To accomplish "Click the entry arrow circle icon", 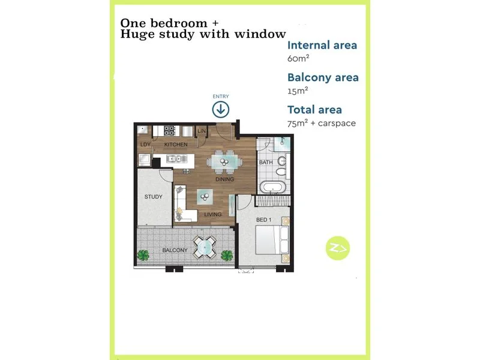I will (220, 109).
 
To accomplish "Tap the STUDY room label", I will (154, 197).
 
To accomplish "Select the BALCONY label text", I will (175, 250).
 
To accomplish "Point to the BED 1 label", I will (264, 220).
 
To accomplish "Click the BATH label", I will (266, 163).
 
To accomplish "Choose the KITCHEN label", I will (176, 145).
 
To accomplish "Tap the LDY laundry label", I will (145, 145).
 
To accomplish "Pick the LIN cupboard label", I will (202, 130).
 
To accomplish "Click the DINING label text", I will (225, 179).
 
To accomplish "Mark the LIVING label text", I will (212, 214).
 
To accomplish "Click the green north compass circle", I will (337, 248).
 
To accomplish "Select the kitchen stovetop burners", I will (169, 130).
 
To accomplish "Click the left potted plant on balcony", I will (143, 254).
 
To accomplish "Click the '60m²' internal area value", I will (298, 59).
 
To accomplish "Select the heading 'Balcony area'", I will (323, 77).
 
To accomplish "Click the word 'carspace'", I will (337, 124).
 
